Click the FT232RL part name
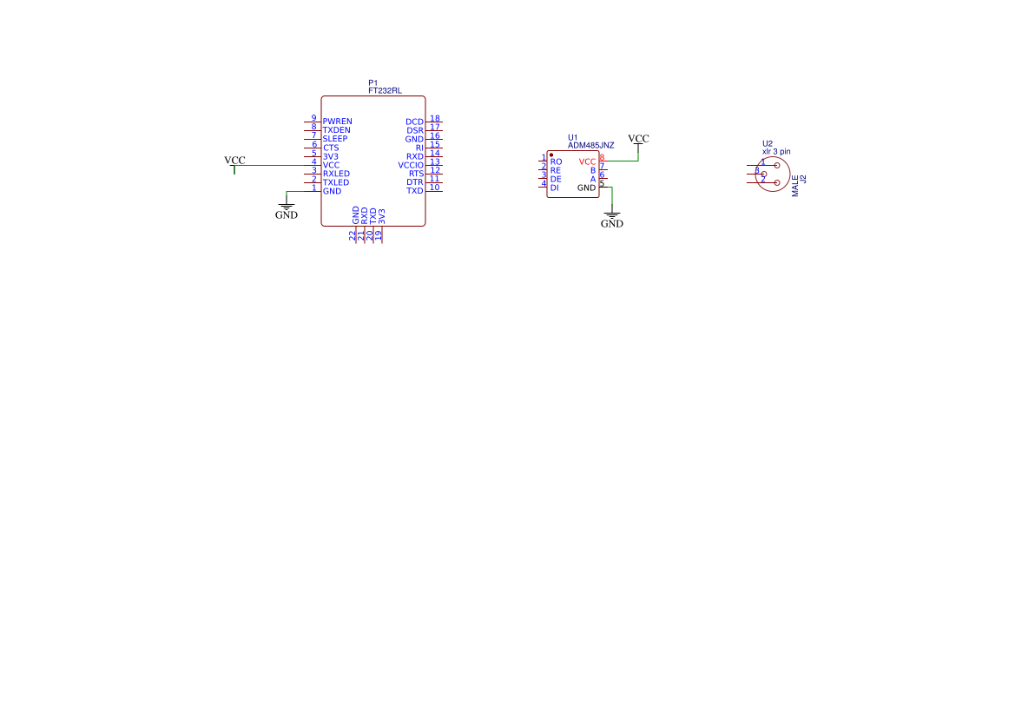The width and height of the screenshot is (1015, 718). click(x=385, y=90)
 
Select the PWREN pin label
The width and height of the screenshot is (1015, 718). click(x=337, y=122)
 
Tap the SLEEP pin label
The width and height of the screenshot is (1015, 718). click(x=335, y=139)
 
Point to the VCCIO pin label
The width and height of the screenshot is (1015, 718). click(x=411, y=165)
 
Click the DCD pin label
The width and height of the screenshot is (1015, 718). click(x=414, y=122)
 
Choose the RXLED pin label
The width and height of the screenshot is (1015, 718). click(x=336, y=174)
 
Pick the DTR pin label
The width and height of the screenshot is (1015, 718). click(x=415, y=182)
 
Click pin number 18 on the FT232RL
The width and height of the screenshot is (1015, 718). click(x=435, y=119)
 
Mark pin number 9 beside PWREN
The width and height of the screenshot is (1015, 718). click(x=313, y=119)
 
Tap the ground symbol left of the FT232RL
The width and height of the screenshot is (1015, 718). click(x=287, y=209)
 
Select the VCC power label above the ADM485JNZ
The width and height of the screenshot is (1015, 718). click(x=638, y=139)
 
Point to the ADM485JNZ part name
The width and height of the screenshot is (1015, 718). click(x=590, y=146)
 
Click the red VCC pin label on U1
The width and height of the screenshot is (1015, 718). click(x=587, y=162)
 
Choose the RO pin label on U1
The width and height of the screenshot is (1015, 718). click(x=556, y=161)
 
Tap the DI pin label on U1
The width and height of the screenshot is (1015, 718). click(x=555, y=188)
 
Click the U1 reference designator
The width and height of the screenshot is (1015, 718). click(x=572, y=137)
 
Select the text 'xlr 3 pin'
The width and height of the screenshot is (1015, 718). click(x=775, y=152)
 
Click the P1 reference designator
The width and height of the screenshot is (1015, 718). click(x=372, y=82)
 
